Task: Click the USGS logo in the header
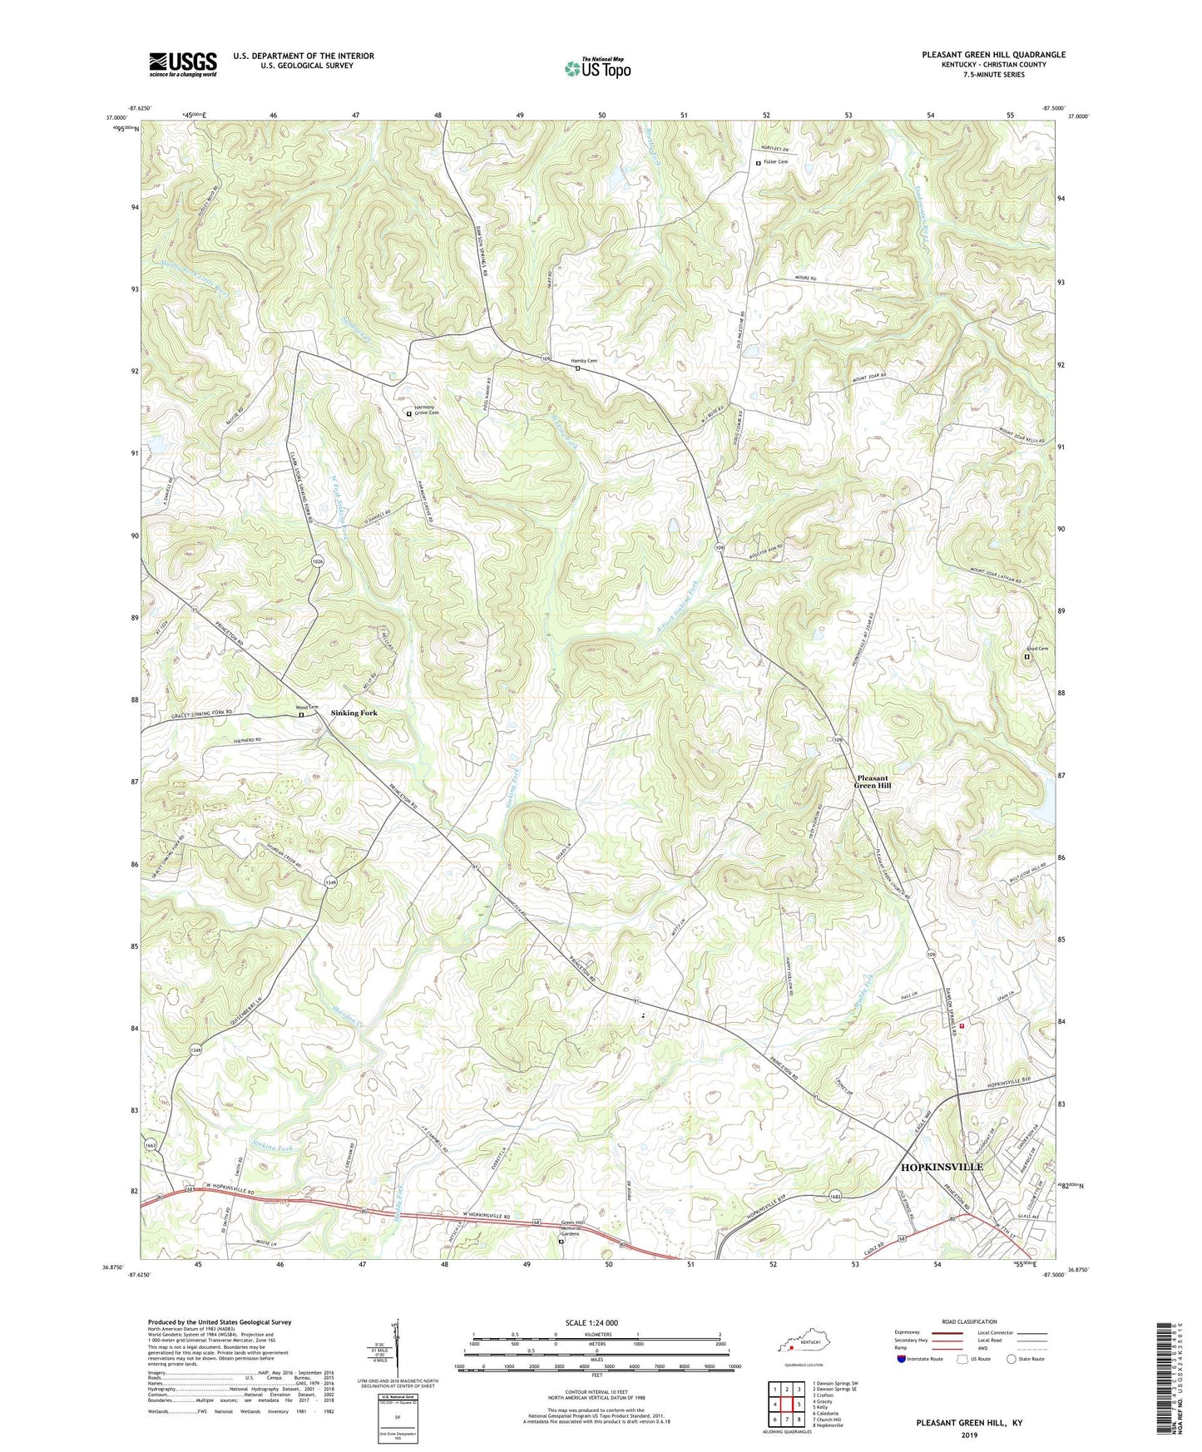(183, 64)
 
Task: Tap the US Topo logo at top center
(596, 68)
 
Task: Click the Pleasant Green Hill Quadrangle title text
(992, 55)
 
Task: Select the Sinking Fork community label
(354, 713)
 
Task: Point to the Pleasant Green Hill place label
(873, 782)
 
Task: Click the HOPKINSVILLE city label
(942, 1167)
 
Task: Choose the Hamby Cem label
(584, 361)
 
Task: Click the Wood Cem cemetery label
(307, 708)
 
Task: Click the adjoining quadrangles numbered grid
(786, 1405)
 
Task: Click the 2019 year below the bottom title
(968, 1435)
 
